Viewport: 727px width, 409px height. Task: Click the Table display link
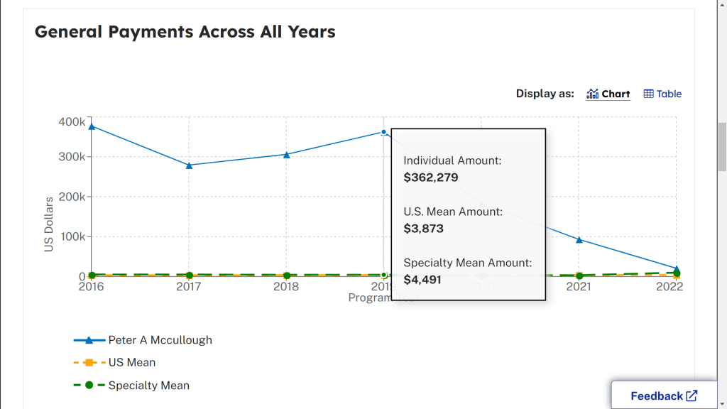(x=662, y=94)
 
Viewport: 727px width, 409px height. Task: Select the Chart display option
(x=608, y=94)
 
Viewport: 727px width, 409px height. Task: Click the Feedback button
(x=664, y=396)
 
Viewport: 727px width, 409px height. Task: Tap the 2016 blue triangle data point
(x=92, y=126)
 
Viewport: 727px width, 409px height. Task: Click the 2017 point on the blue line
(x=189, y=165)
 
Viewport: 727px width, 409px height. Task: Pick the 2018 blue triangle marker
(x=286, y=154)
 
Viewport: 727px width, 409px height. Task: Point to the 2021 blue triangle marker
(x=579, y=240)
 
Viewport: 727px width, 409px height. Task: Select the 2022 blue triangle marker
(x=676, y=269)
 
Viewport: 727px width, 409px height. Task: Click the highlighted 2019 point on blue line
(x=383, y=132)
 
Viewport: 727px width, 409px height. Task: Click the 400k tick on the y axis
(x=72, y=121)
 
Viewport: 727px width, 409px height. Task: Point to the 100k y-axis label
(x=72, y=236)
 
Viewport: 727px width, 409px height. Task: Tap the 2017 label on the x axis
(x=189, y=287)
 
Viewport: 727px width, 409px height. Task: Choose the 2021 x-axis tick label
(x=579, y=287)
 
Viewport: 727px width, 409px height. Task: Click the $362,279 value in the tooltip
(x=431, y=178)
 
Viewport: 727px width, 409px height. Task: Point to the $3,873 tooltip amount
(x=423, y=229)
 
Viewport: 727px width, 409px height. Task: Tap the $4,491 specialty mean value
(x=422, y=280)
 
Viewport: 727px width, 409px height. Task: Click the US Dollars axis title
(x=49, y=224)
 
